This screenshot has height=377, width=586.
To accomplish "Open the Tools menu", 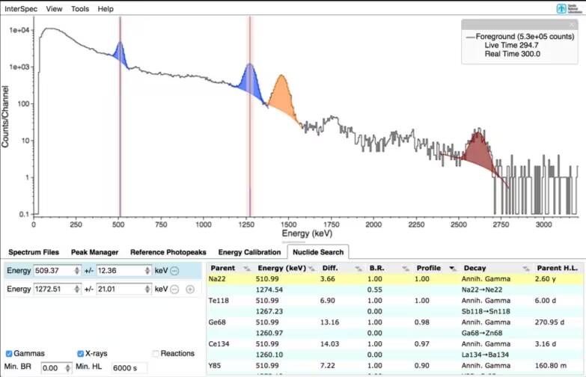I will (x=79, y=9).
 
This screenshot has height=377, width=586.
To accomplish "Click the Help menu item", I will (x=106, y=9).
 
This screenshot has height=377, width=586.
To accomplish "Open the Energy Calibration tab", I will (x=248, y=252).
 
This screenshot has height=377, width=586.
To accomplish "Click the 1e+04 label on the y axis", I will (x=18, y=31).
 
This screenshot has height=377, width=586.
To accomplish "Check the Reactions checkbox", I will (x=156, y=353).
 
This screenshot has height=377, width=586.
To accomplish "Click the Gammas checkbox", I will (x=9, y=353).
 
